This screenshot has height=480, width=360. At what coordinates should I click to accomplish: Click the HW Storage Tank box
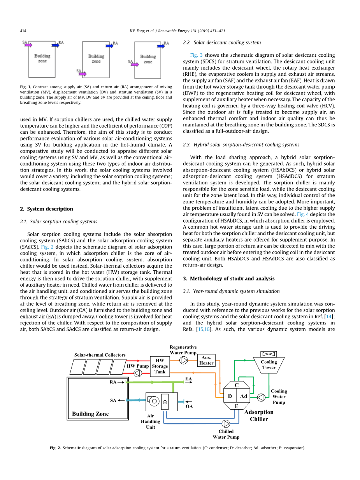coord(160,366)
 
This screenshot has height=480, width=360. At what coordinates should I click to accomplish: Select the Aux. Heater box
coord(206,361)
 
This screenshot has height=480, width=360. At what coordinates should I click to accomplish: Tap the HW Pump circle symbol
coord(138,373)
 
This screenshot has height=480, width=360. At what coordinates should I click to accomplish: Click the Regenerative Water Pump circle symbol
coord(184,360)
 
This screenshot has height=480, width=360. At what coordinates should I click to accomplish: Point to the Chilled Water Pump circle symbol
coord(226,424)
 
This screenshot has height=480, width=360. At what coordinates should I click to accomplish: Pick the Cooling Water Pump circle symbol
coord(261,397)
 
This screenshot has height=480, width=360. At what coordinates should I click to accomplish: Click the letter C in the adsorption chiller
coord(236,385)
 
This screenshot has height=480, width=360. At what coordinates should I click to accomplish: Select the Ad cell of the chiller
coord(243,396)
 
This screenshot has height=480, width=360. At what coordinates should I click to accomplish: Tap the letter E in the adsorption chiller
coord(236,406)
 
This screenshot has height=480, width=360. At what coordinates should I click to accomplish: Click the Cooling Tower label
coord(269,364)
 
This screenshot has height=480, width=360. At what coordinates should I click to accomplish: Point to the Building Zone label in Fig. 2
coord(90,414)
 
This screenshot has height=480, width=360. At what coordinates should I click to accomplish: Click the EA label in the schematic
coord(188,378)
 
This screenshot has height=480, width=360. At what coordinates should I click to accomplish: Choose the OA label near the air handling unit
coord(189,406)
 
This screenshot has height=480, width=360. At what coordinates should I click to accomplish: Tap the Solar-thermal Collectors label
coord(100,355)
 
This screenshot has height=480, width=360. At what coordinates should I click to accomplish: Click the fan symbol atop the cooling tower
coord(269,354)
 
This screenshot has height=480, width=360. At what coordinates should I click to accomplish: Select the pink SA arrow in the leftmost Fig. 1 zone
coord(28,45)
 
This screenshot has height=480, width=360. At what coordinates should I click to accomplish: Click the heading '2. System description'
coord(46,209)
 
